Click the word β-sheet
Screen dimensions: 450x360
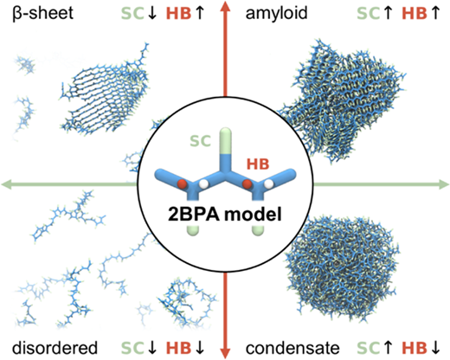43,13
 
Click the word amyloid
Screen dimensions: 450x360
276,13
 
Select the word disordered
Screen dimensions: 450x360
55,348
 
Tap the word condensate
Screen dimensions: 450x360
292,348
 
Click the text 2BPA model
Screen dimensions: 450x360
225,215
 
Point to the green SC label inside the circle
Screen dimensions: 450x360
200,141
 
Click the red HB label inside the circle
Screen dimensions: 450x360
258,164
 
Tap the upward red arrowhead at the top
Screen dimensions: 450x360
225,6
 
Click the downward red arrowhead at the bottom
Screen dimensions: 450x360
225,353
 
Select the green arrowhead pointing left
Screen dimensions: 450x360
7,184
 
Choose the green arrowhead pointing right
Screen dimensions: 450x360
444,184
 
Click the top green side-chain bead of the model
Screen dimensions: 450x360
225,141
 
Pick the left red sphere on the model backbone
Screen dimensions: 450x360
182,183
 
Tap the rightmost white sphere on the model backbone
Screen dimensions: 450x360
269,183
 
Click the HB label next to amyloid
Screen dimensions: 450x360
415,13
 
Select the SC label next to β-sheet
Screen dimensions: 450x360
132,13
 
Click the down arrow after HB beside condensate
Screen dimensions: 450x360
435,348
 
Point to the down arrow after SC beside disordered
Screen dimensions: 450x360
151,348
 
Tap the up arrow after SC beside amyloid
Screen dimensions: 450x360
389,13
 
